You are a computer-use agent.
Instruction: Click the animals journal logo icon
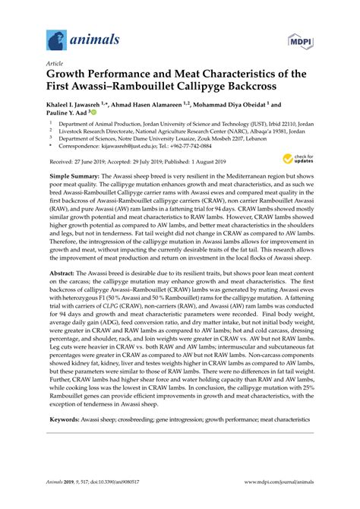55,39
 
